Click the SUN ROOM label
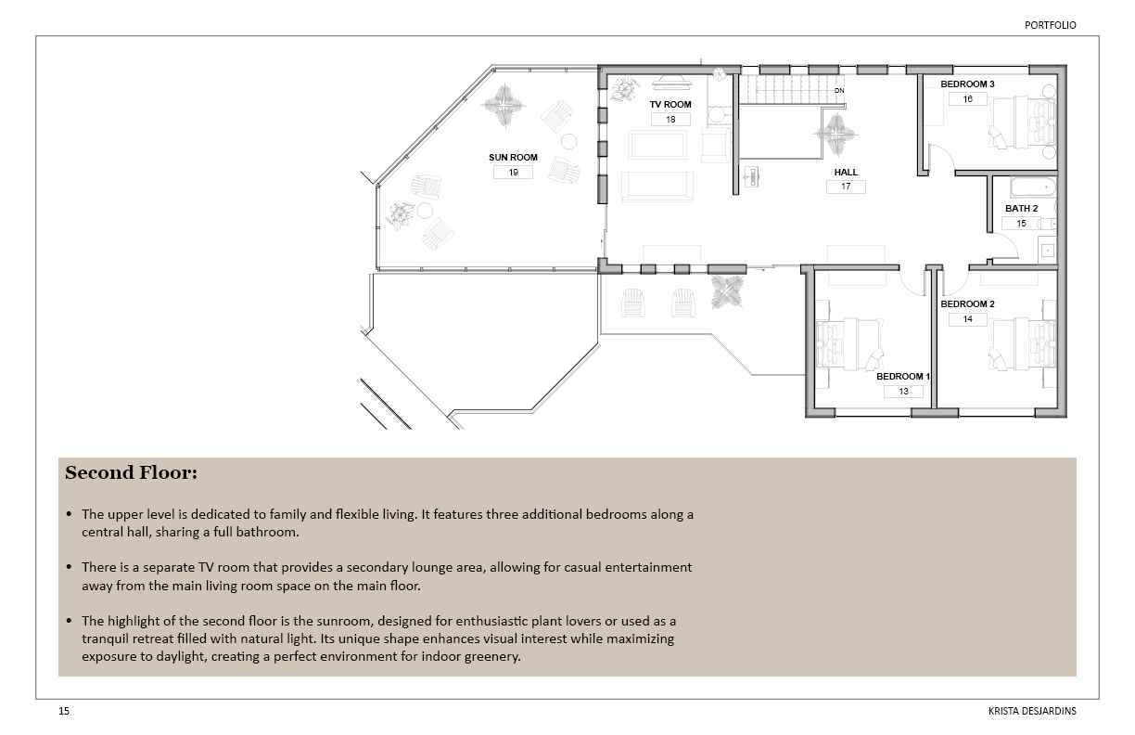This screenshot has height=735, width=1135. coord(513,157)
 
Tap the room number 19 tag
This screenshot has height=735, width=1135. coord(513,173)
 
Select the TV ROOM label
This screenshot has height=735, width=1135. coord(670,105)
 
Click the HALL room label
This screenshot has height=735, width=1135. coord(846,172)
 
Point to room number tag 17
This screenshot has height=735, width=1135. coord(846,187)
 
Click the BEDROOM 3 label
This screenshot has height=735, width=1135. coord(967,84)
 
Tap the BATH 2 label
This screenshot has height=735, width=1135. coord(1022,209)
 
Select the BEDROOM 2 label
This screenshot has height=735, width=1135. coord(967,303)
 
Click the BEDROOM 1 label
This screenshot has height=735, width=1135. coord(903,377)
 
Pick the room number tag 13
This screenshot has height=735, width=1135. coord(903,391)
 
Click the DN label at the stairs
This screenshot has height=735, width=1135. coord(839,90)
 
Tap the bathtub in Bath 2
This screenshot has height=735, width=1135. coord(1033,187)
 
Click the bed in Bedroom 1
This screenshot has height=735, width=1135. coord(849,343)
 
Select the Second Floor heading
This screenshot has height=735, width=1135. coord(132,472)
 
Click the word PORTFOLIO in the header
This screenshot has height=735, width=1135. coord(1050,25)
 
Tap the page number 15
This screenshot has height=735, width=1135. coord(64,711)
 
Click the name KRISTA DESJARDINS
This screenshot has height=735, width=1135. coord(1032,711)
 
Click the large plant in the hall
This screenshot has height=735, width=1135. coord(835,135)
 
